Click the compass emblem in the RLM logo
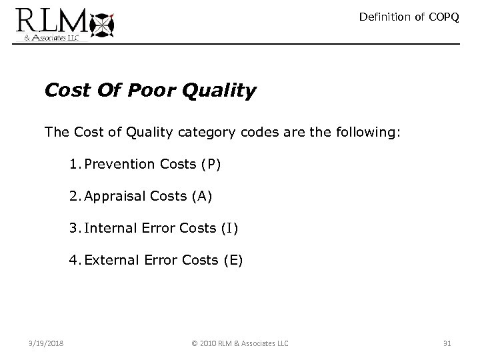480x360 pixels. (101, 24)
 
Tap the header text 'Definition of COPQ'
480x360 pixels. (409, 17)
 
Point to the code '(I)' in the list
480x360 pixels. (227, 229)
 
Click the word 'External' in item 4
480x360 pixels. (109, 261)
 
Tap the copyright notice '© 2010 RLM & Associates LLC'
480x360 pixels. (239, 343)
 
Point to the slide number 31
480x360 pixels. (447, 343)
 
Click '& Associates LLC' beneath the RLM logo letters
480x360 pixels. (47, 38)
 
